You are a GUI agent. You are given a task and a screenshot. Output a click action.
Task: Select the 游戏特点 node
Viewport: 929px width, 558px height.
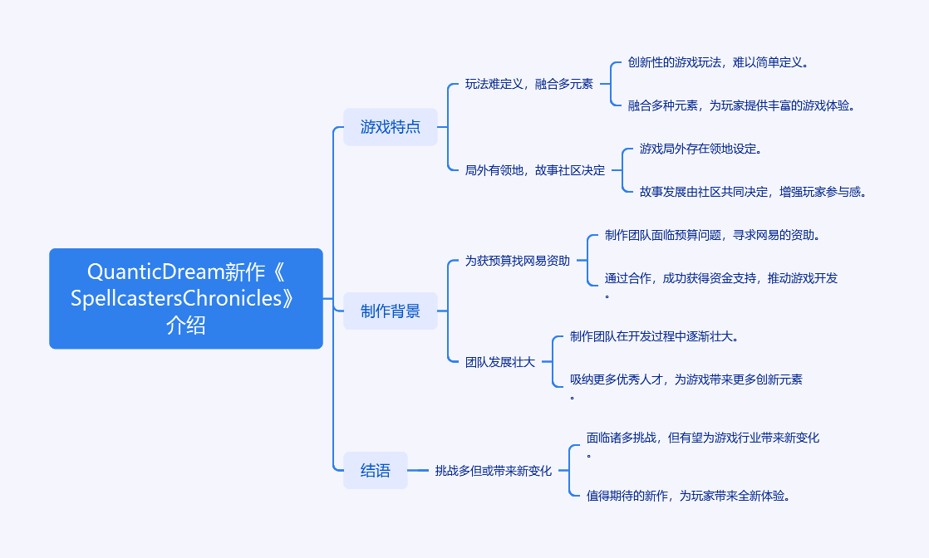[x=390, y=127]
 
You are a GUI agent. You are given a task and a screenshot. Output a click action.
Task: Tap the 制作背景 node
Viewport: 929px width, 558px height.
[x=390, y=311]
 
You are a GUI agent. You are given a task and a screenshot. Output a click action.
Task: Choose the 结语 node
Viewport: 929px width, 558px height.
[x=375, y=470]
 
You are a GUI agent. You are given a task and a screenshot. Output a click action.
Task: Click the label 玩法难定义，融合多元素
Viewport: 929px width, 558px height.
[x=528, y=84]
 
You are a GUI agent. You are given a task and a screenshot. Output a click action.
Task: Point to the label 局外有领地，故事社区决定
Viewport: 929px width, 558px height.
[x=534, y=170]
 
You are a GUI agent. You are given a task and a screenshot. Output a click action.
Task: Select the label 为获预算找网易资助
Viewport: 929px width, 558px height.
[x=517, y=261]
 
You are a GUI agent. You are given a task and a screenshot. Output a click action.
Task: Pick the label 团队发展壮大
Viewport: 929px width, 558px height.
[x=499, y=362]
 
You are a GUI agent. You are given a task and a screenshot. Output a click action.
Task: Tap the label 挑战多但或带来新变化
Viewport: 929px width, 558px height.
[x=493, y=471]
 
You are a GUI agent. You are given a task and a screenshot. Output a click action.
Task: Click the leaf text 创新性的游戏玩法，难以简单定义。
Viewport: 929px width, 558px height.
[x=718, y=62]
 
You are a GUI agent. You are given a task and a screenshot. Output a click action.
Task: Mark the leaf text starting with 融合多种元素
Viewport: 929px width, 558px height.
[x=741, y=105]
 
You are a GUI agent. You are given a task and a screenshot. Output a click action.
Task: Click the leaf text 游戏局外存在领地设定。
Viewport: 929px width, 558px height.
[x=700, y=149]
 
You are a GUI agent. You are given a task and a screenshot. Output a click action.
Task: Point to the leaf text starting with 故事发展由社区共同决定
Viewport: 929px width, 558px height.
[x=753, y=192]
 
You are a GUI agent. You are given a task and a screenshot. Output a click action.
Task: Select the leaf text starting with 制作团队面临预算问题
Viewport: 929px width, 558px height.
[x=713, y=235]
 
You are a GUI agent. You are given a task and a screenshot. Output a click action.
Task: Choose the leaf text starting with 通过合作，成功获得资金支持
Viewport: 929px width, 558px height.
[x=720, y=278]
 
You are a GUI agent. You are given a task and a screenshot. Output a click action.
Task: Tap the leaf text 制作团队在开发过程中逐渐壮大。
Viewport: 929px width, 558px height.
[x=654, y=336]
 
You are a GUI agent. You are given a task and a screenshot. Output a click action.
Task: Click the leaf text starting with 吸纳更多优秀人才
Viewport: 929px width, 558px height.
[x=686, y=379]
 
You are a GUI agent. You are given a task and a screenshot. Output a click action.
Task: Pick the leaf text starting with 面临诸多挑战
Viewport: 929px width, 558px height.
[x=702, y=438]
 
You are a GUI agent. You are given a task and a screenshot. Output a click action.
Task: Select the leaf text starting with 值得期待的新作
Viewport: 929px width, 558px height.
[x=687, y=496]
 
